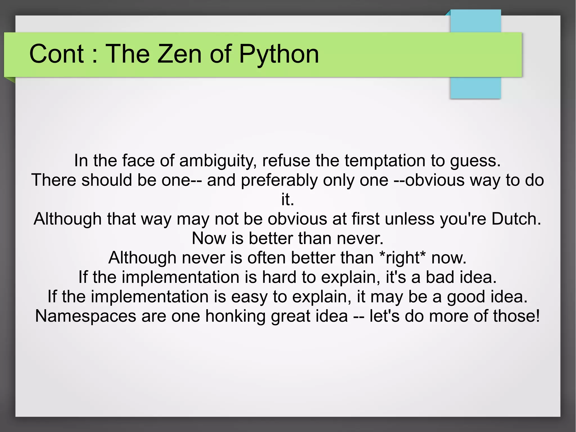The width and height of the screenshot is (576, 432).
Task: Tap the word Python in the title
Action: [x=279, y=54]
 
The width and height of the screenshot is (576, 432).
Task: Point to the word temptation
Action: [x=385, y=161]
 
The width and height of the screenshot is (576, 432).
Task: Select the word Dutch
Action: [x=516, y=219]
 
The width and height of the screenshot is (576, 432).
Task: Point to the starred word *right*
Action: [x=402, y=258]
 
